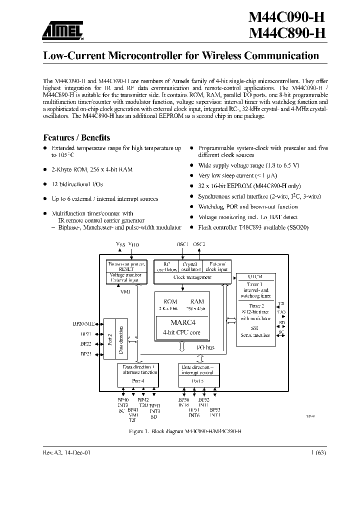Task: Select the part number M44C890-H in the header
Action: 287,34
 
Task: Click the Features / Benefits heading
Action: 76,137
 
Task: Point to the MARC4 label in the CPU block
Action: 182,322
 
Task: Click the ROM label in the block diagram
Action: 170,301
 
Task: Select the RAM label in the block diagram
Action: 197,301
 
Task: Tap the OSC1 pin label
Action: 182,244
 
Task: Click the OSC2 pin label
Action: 199,244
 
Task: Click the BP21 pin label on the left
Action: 85,334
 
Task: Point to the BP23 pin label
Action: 85,354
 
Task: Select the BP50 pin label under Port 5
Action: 184,400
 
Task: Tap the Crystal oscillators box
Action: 189,266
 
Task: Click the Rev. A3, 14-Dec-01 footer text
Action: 67,451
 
